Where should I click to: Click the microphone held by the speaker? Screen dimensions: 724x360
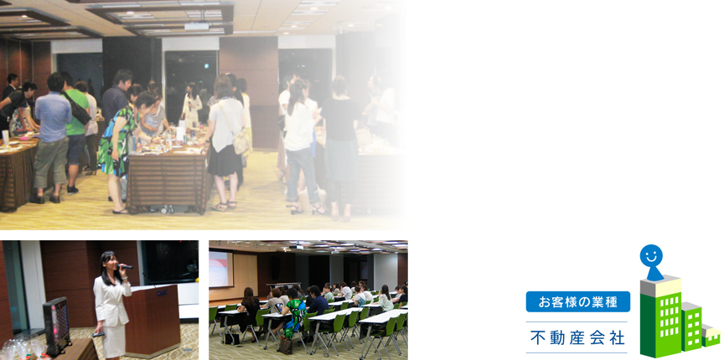(125, 266)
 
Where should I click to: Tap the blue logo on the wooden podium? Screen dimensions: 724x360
(162, 292)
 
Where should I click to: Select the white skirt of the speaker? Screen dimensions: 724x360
(114, 341)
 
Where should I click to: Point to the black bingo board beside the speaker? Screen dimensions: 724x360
(57, 326)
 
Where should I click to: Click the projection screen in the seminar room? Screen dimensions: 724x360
(220, 269)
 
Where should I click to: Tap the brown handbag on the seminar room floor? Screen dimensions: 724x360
(285, 345)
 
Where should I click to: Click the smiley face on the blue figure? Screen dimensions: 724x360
(651, 255)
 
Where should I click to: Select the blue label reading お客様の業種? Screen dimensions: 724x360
(577, 302)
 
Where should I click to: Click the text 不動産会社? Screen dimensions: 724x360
(577, 337)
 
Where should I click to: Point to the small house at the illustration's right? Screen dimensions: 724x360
(711, 336)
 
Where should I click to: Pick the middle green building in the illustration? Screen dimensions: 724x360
(691, 327)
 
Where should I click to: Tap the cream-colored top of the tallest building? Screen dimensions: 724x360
(660, 286)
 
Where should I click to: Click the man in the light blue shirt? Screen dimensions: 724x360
(52, 137)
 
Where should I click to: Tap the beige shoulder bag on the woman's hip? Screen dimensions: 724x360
(240, 141)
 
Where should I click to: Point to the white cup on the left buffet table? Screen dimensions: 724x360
(5, 137)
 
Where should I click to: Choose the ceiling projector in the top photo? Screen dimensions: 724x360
(197, 27)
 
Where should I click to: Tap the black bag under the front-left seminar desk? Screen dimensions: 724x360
(232, 339)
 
